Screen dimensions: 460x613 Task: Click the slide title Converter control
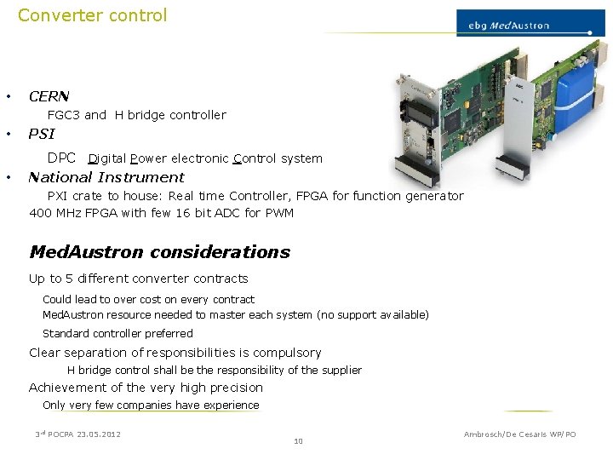(92, 15)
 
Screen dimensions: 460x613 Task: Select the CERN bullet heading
(49, 96)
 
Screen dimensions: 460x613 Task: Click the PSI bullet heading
(41, 134)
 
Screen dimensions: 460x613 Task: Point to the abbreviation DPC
(62, 158)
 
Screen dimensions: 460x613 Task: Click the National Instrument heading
(106, 177)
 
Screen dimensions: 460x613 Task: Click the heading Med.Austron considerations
(159, 252)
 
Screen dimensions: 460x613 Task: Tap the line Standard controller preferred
(117, 334)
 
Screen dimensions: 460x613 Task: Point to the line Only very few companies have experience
(151, 405)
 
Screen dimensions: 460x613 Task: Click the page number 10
(297, 441)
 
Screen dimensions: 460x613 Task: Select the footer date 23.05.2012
(98, 434)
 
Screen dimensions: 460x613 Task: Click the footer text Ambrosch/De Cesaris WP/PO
(519, 434)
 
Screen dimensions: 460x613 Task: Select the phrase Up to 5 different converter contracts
(138, 279)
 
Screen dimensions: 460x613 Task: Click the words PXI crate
(73, 196)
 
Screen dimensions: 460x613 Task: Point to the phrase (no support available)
(373, 315)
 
